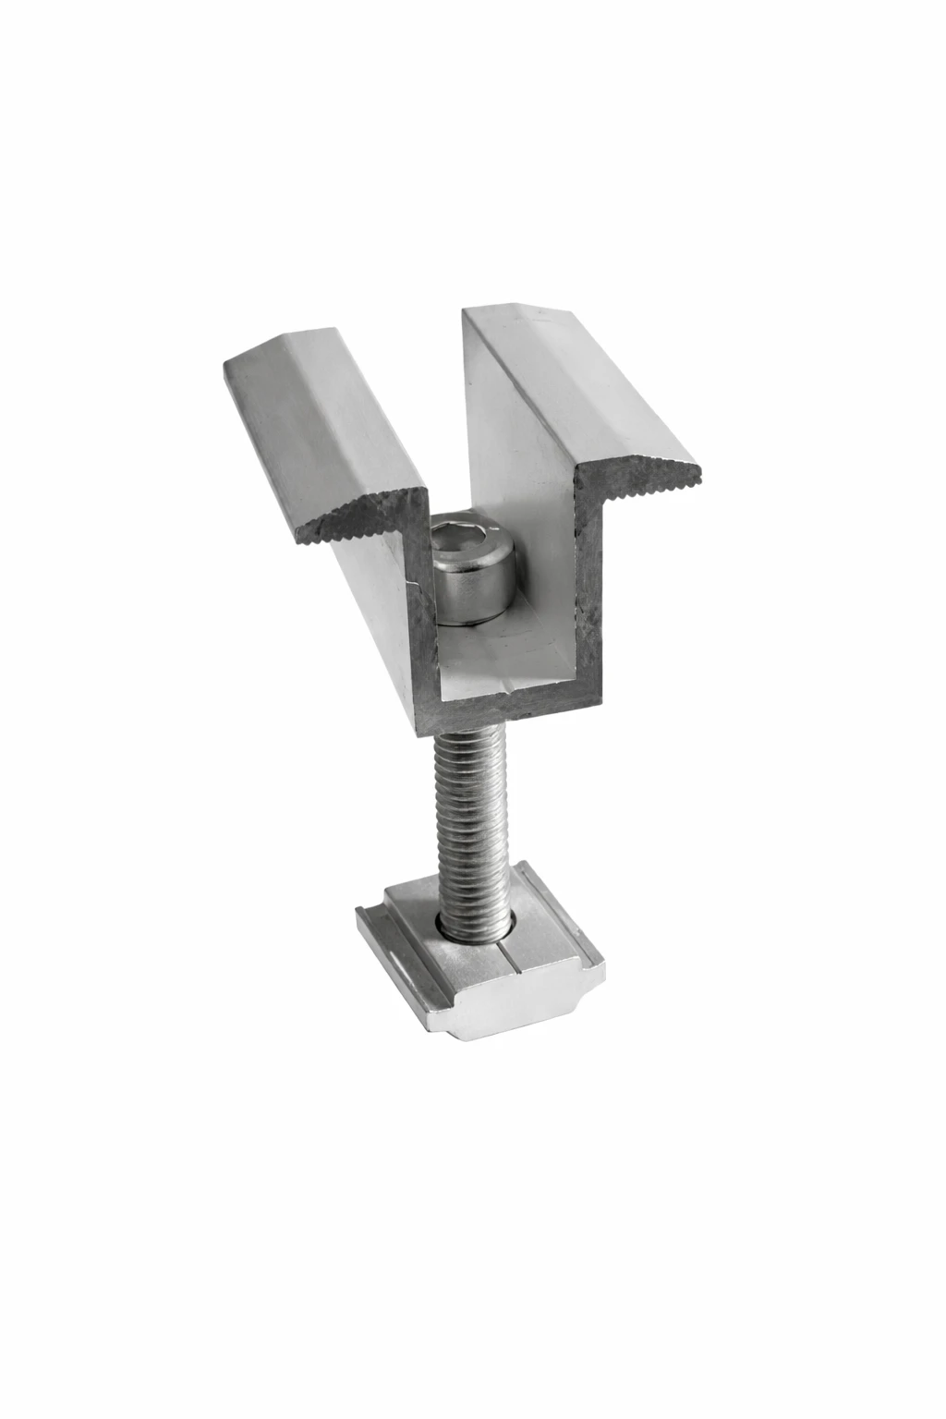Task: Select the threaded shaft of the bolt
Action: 471,813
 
